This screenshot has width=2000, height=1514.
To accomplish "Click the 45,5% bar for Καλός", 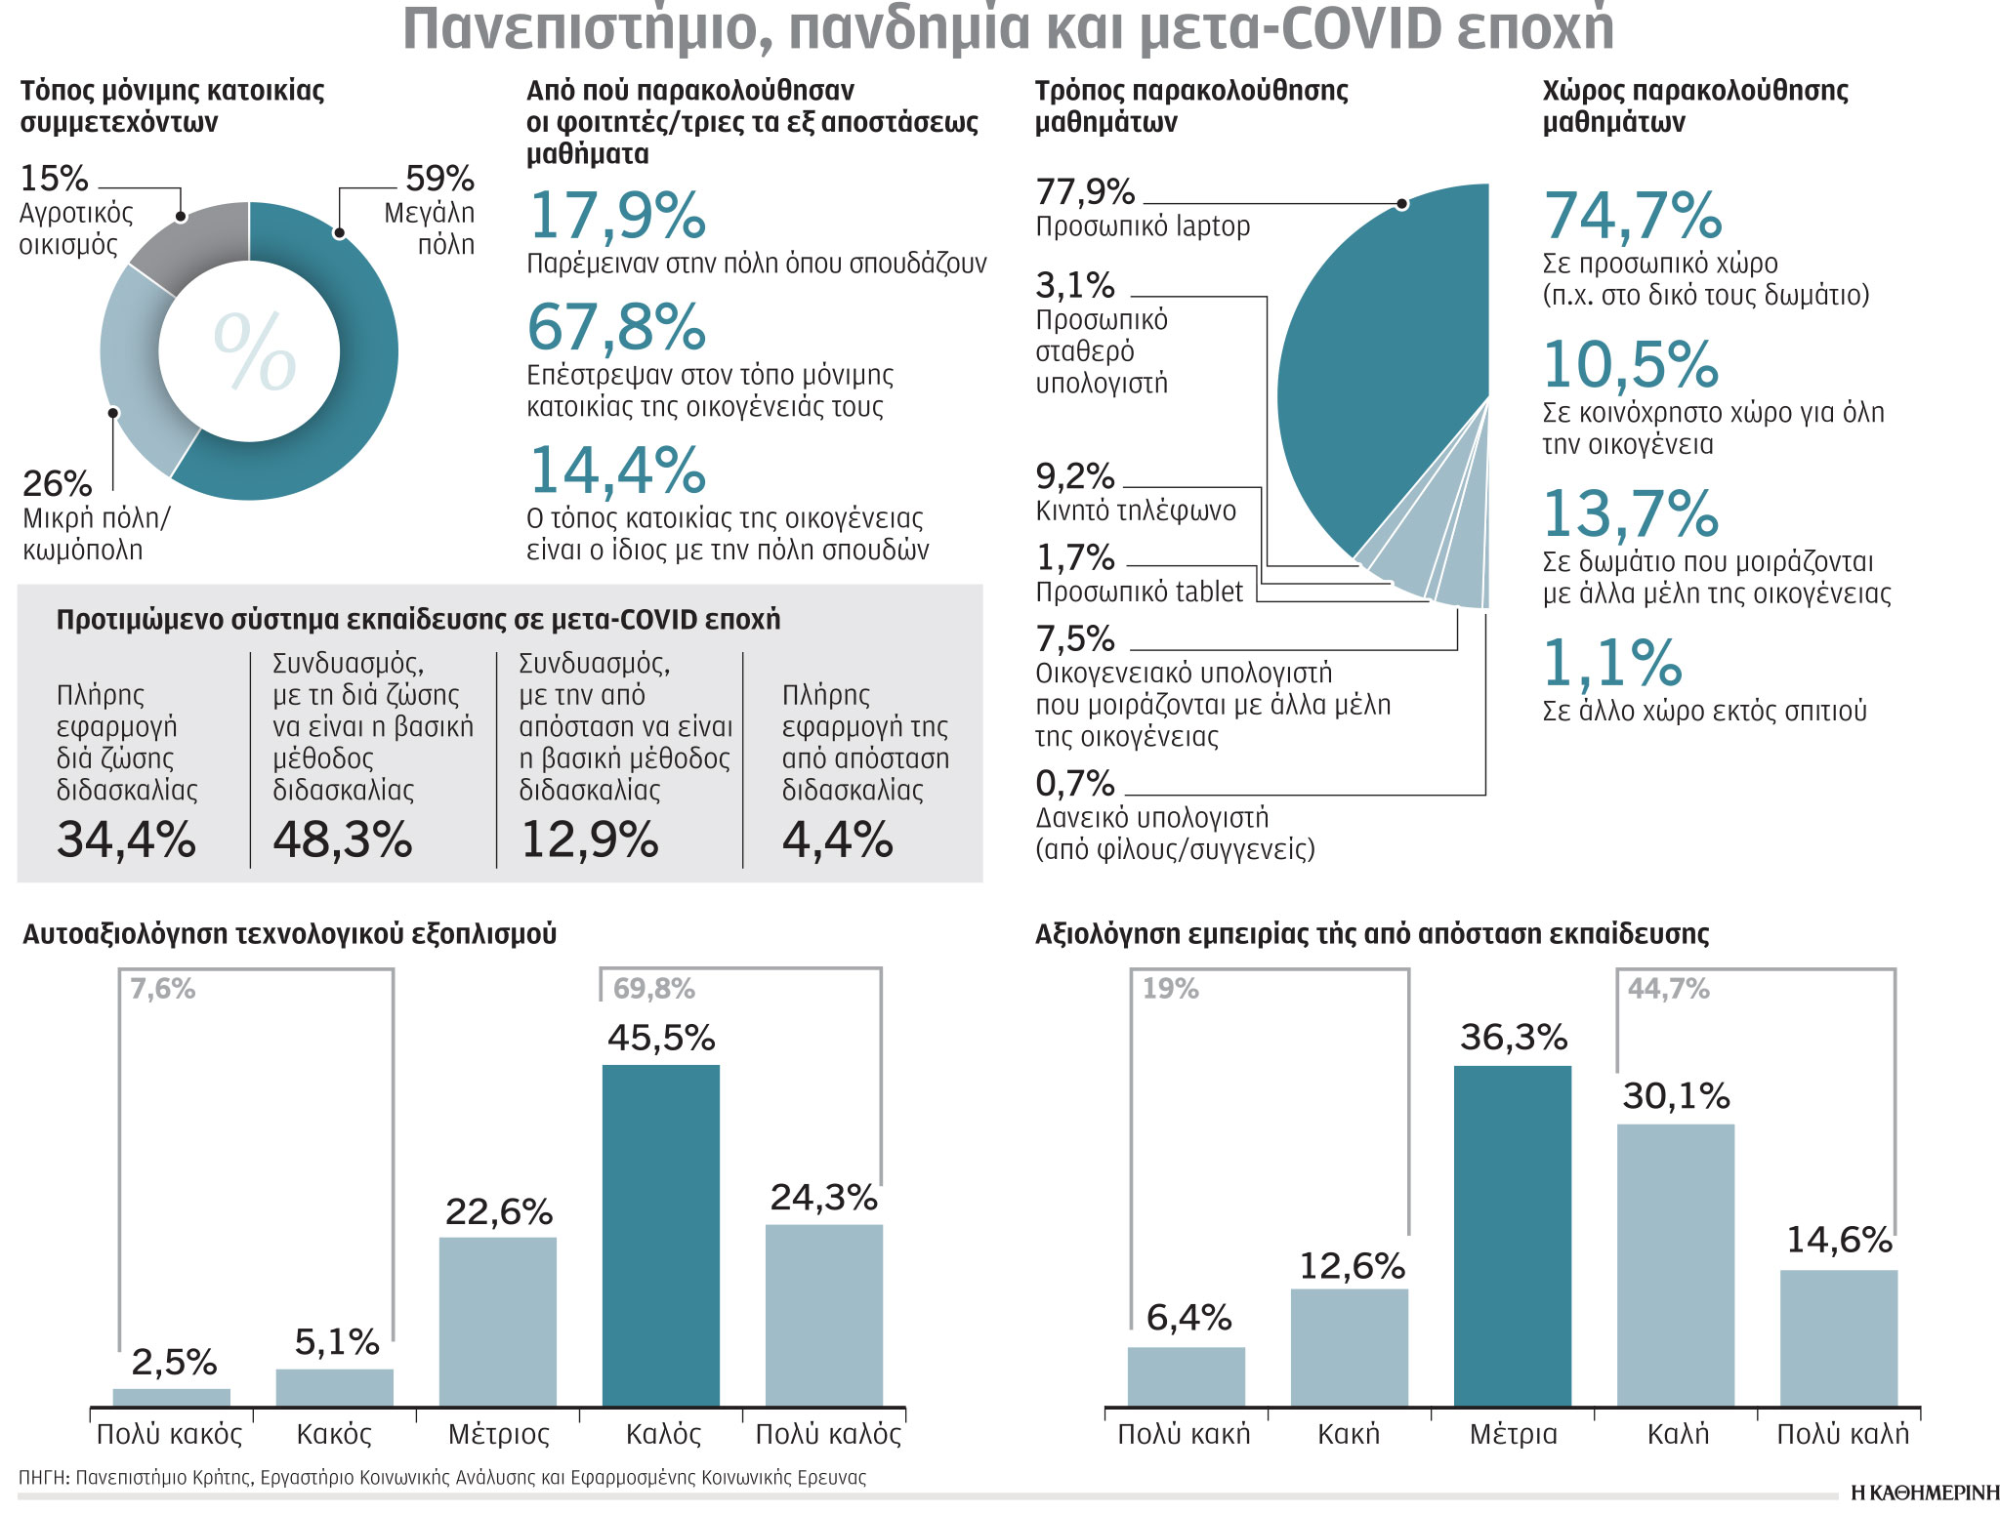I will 660,1235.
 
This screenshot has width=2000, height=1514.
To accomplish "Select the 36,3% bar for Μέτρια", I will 1512,1235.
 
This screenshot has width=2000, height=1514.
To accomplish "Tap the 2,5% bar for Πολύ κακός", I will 172,1397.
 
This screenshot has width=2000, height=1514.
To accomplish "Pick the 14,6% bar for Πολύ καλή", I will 1838,1337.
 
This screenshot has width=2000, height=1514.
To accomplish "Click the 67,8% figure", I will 616,327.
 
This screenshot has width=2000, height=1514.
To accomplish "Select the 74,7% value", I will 1632,216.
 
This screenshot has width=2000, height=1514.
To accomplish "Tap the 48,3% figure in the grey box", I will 342,839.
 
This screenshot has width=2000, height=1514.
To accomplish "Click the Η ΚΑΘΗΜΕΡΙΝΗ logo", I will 1924,1493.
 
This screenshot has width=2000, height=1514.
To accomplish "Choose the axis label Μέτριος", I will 498,1434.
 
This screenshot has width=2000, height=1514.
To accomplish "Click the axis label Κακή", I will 1349,1434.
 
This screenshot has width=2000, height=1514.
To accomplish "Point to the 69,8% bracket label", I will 653,990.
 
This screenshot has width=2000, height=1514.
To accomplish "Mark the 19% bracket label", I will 1170,990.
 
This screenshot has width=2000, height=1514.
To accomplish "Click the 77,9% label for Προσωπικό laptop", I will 1085,192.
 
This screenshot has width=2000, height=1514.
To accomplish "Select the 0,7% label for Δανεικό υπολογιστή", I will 1074,783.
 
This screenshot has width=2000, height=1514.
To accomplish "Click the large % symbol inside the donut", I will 253,351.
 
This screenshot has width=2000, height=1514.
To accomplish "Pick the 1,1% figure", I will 1611,664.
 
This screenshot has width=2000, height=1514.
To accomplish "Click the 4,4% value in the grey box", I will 837,839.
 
